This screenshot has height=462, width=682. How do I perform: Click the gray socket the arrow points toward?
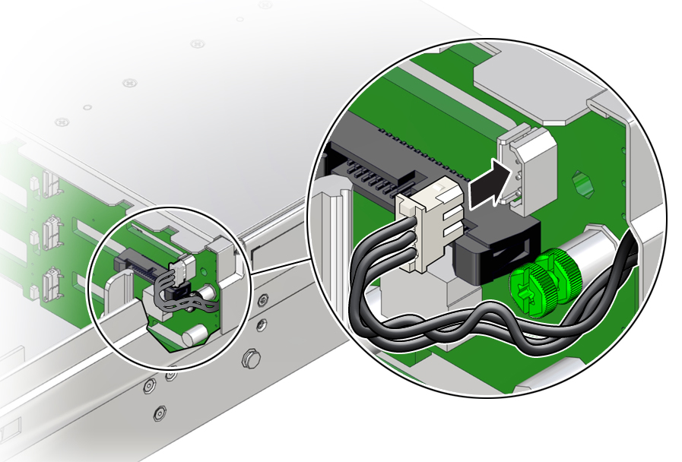pos(527,166)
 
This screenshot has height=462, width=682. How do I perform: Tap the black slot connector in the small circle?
pos(132,262)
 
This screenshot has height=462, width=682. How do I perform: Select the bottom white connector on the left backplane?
pos(49,280)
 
